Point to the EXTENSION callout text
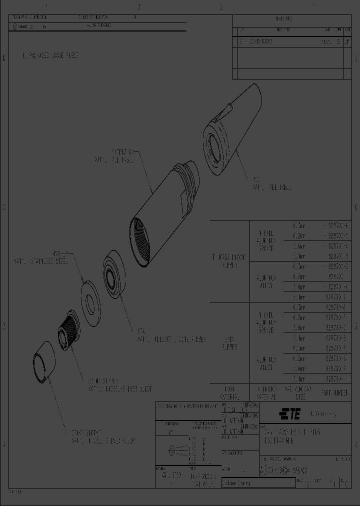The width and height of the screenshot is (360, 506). pyautogui.click(x=114, y=155)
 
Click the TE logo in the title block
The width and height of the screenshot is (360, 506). pyautogui.click(x=289, y=413)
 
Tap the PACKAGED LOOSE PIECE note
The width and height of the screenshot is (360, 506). pyautogui.click(x=50, y=55)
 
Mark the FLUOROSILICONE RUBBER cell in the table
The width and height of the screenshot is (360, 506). pyautogui.click(x=229, y=260)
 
